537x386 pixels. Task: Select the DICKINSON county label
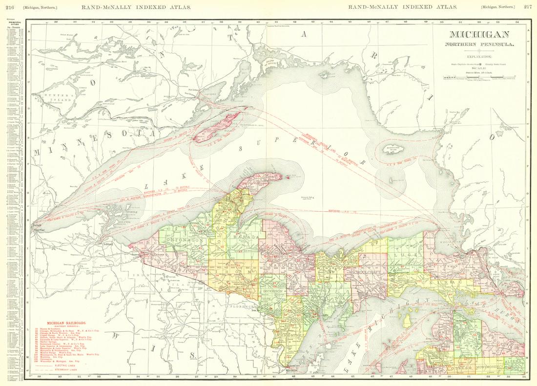pos(273,290)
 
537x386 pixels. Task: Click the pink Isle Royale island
pos(217,126)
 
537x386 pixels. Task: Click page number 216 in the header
pos(10,6)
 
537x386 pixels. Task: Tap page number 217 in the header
pos(527,6)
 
